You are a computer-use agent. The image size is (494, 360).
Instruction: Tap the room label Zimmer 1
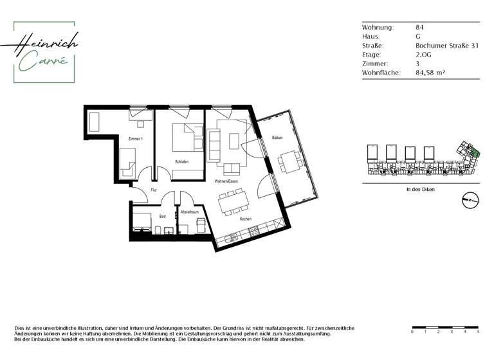click(135, 139)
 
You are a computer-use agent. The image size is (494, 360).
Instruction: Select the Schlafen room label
click(181, 161)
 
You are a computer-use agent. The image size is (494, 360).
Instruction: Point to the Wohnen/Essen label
click(226, 182)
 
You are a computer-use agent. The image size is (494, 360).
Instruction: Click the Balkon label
click(277, 138)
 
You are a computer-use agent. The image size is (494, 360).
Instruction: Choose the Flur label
click(154, 190)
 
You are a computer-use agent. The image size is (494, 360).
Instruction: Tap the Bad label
click(162, 217)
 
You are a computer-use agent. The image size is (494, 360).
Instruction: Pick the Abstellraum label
click(189, 212)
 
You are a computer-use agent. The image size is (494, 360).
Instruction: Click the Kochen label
click(246, 219)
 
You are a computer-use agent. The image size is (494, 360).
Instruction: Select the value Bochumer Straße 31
click(446, 46)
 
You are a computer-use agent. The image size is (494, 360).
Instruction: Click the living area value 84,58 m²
click(431, 73)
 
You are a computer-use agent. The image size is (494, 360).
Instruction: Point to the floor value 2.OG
click(423, 55)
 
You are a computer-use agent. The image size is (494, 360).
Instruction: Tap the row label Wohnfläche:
click(381, 73)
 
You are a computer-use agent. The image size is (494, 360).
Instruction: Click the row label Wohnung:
click(378, 28)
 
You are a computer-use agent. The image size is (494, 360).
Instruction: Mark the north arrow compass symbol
click(470, 201)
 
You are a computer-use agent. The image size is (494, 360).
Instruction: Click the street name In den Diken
click(421, 190)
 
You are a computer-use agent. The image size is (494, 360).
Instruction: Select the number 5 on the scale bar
click(478, 332)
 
